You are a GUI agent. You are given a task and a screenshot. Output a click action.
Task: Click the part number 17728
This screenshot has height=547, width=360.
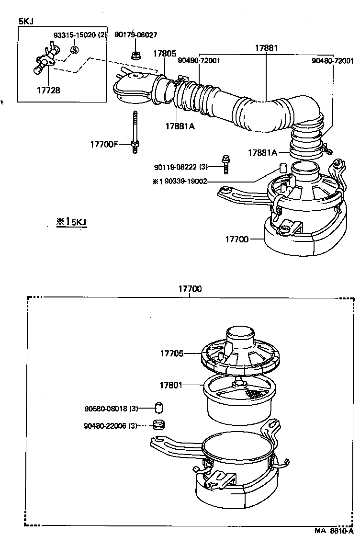(48, 90)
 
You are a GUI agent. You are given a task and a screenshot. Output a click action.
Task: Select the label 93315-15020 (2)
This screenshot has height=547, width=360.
(80, 35)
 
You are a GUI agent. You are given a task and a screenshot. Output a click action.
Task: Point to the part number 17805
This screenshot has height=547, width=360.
(164, 54)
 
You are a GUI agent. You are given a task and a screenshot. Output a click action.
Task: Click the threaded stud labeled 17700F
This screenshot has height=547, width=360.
(135, 132)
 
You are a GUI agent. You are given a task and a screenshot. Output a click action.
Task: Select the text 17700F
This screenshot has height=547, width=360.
(103, 144)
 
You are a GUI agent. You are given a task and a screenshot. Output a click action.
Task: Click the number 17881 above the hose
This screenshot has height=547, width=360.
(266, 48)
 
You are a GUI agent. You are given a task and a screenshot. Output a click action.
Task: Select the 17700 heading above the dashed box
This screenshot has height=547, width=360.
(190, 289)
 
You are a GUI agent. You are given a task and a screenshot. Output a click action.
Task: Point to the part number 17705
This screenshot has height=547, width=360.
(172, 353)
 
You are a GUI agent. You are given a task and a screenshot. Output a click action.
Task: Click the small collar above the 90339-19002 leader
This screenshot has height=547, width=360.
(282, 168)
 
